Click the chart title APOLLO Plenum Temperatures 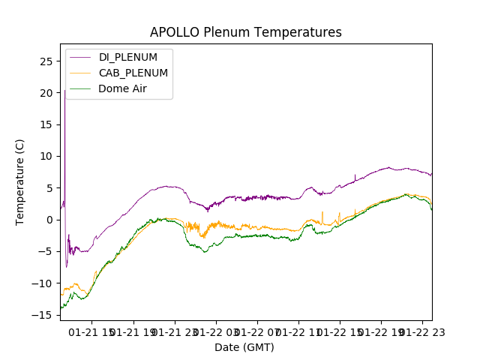pyautogui.click(x=245, y=32)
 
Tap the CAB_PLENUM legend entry pyautogui.click(x=133, y=73)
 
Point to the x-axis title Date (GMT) pyautogui.click(x=244, y=347)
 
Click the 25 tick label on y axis pyautogui.click(x=46, y=61)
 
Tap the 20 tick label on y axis pyautogui.click(x=46, y=93)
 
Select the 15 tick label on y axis pyautogui.click(x=46, y=124)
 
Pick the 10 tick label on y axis pyautogui.click(x=46, y=156)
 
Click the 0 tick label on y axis pyautogui.click(x=49, y=220)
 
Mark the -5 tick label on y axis pyautogui.click(x=46, y=251)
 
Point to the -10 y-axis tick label pyautogui.click(x=43, y=283)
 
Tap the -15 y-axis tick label pyautogui.click(x=43, y=315)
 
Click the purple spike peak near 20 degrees pyautogui.click(x=64, y=91)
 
